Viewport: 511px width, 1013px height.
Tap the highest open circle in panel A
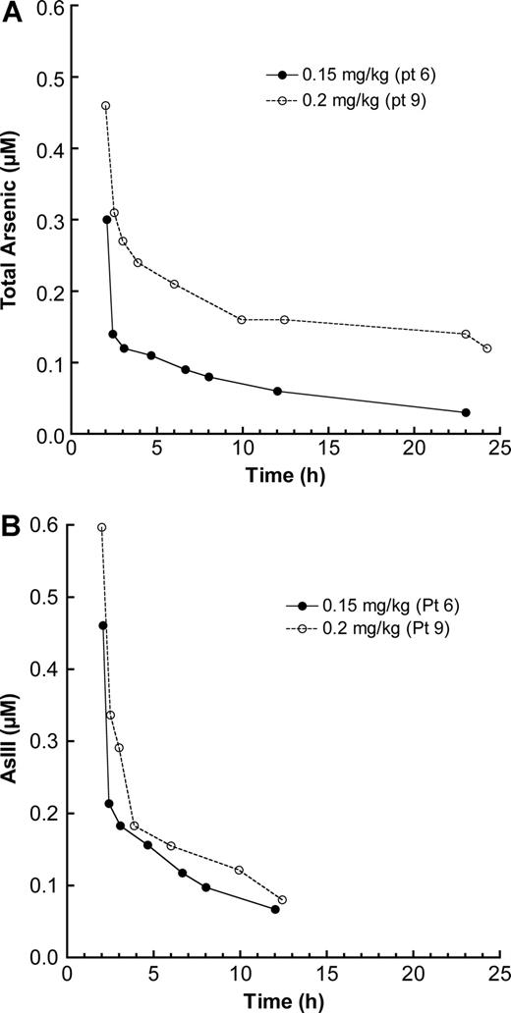105,105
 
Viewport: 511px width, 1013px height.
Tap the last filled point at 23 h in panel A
466,412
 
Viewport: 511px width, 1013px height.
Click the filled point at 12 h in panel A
277,391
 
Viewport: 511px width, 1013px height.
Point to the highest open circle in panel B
101,528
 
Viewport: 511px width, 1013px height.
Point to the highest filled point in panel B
103,625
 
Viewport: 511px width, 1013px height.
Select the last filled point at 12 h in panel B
275,909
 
